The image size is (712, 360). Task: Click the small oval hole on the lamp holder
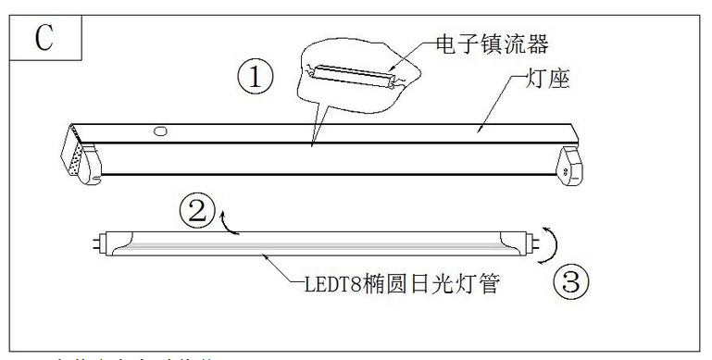tap(160, 132)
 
